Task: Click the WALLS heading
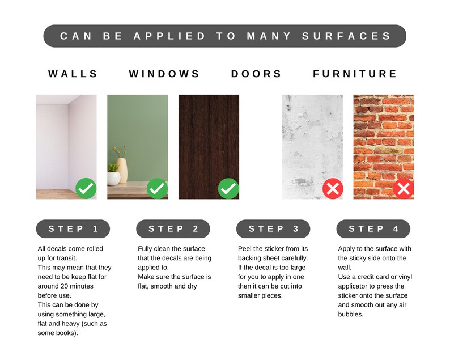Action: point(73,74)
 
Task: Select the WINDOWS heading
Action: point(164,74)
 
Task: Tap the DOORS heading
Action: point(256,74)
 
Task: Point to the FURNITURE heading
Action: point(355,74)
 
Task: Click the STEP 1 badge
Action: point(73,229)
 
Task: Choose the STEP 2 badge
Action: point(173,229)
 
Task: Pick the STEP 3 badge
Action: point(273,229)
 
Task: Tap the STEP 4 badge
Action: point(373,229)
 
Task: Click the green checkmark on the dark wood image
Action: point(228,189)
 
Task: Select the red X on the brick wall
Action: point(404,189)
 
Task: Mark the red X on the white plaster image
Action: point(333,189)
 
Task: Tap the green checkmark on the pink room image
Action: point(86,189)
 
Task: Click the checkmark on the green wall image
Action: point(157,189)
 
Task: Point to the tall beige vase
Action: point(122,171)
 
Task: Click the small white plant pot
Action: point(114,179)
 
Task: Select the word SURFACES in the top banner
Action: point(346,36)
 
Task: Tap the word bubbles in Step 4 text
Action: point(351,314)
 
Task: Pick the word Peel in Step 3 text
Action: point(244,249)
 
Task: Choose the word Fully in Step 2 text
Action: point(145,249)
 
